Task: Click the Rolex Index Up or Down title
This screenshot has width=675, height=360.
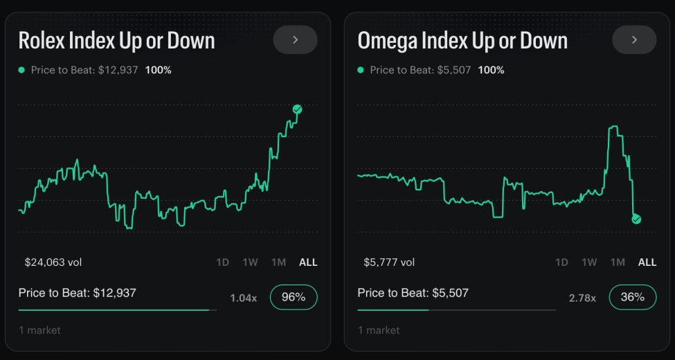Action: (116, 41)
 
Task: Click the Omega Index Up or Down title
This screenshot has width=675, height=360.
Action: (462, 41)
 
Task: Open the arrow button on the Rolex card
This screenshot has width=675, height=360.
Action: (295, 40)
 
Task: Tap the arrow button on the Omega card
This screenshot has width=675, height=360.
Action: (634, 40)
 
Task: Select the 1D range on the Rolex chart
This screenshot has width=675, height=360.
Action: (222, 262)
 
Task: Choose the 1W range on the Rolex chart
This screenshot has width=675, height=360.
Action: (250, 262)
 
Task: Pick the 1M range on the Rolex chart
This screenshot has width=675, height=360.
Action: (278, 262)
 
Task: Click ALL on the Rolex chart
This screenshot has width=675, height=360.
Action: (308, 262)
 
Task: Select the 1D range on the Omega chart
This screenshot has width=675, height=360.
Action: (561, 262)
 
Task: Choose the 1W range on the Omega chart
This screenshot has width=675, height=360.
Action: (589, 262)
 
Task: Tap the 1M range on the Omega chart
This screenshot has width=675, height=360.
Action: (618, 262)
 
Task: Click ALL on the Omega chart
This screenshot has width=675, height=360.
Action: (647, 262)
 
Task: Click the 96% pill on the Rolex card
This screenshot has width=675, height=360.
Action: (294, 297)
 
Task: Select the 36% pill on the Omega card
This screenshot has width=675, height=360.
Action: (633, 297)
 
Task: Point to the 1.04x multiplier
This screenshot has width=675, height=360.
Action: (243, 298)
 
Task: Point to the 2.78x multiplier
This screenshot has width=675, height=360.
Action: (582, 298)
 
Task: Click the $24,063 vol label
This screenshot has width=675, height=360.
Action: (53, 262)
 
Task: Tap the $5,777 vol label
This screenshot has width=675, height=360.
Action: (389, 262)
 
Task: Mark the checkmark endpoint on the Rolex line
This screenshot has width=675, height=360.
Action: (297, 109)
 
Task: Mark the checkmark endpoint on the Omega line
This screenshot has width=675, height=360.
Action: (636, 219)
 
